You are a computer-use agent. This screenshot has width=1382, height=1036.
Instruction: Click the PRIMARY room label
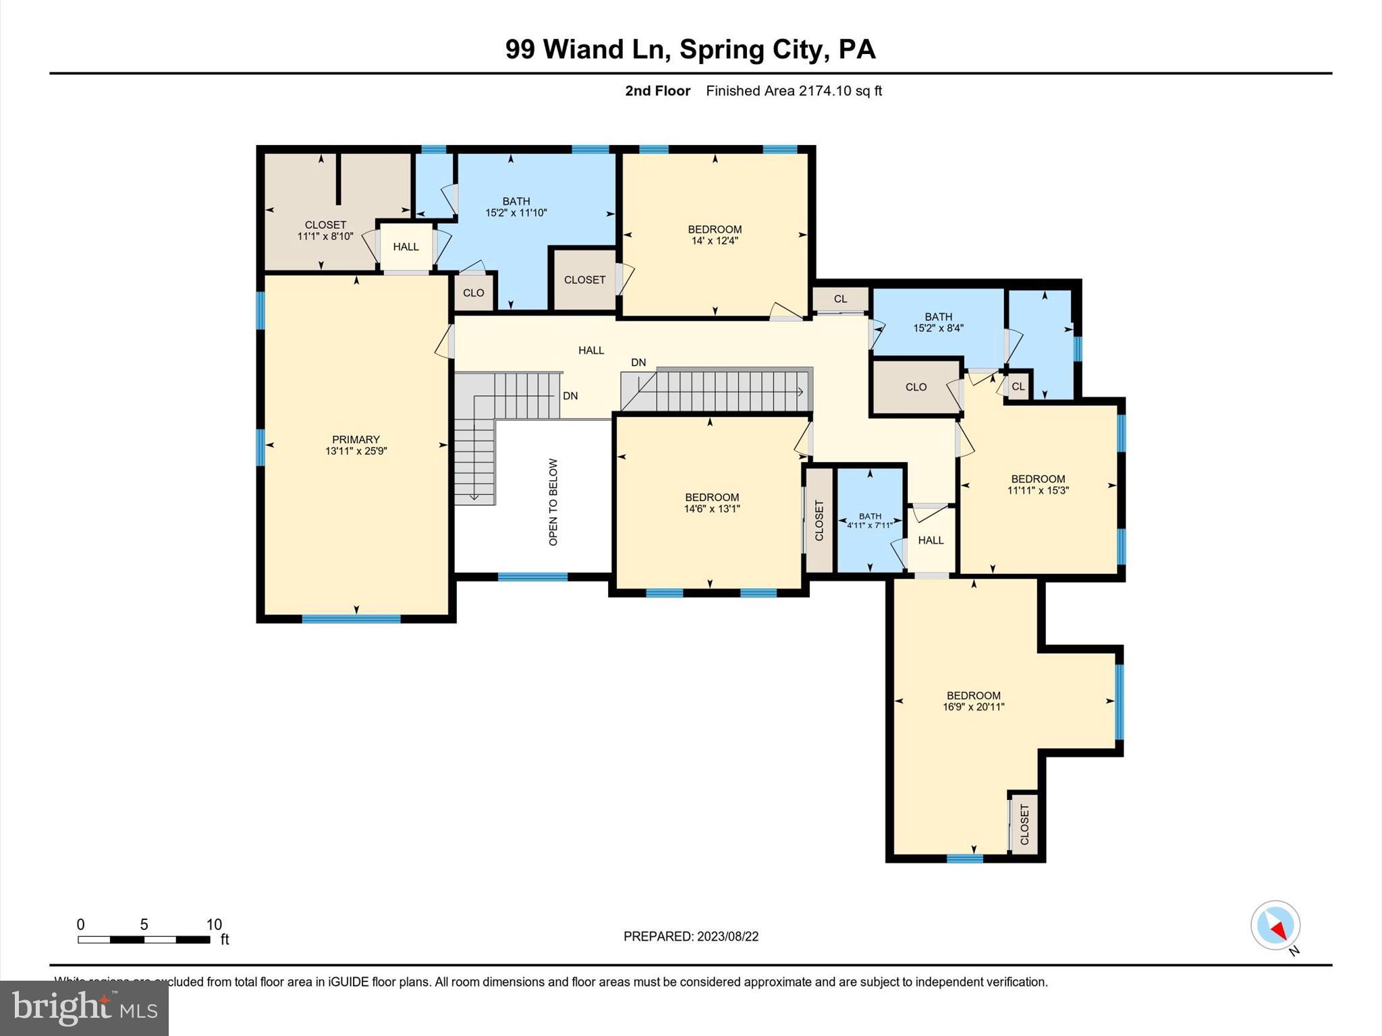[x=356, y=439]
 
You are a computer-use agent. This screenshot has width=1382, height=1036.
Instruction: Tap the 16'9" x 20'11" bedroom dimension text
[x=973, y=707]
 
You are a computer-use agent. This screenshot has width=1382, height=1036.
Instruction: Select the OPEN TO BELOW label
[x=553, y=502]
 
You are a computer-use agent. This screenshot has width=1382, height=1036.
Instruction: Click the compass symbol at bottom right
[x=1275, y=925]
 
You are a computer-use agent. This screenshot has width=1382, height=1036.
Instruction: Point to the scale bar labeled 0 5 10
[x=144, y=939]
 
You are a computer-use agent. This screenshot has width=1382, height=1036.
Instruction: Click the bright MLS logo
[x=84, y=1008]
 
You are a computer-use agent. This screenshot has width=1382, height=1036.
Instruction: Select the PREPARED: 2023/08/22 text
[x=690, y=936]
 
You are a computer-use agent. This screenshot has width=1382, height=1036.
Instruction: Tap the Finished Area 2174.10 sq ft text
[x=794, y=91]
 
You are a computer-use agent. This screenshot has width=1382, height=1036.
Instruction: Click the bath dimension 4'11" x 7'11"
[x=870, y=525]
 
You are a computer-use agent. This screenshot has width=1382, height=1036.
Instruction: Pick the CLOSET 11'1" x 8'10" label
[x=325, y=230]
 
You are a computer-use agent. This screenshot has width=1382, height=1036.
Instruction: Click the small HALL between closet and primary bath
[x=406, y=247]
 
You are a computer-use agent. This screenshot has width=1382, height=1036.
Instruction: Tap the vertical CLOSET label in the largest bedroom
[x=1024, y=824]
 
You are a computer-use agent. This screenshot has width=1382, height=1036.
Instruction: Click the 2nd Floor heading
[x=657, y=91]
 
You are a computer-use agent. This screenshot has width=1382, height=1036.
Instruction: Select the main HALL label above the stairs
[x=591, y=350]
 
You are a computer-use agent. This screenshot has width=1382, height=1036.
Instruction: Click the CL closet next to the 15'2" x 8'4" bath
[x=840, y=299]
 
